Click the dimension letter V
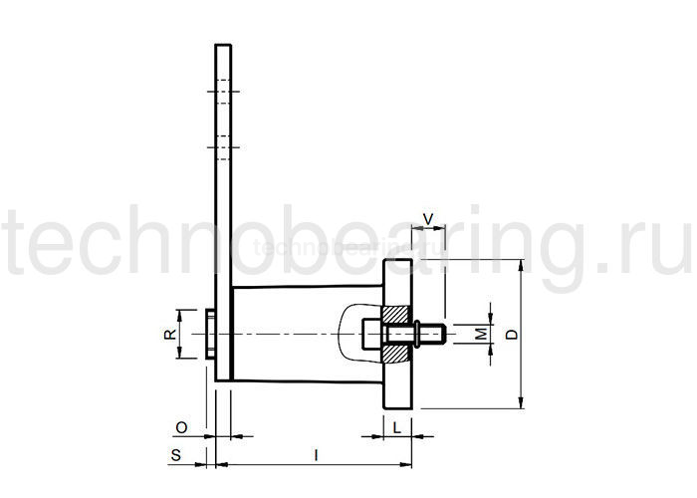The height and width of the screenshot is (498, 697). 429,217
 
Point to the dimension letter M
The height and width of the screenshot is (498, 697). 480,334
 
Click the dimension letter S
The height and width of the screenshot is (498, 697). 175,455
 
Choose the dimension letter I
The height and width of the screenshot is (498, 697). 316,455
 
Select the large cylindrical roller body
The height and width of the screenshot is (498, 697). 289,334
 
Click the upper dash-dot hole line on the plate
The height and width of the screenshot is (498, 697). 224,94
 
